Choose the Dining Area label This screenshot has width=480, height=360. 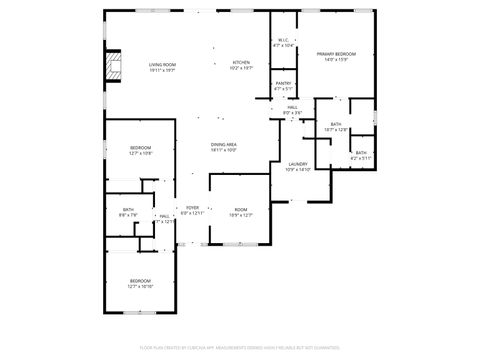point(223,144)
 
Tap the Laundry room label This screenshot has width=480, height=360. point(298,166)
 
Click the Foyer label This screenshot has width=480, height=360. point(192,209)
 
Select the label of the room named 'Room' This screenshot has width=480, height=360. point(241,208)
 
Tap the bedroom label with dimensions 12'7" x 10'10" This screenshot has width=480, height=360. point(140,283)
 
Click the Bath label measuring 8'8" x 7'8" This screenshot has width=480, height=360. point(128,209)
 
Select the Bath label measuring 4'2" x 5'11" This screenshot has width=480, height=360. point(361,155)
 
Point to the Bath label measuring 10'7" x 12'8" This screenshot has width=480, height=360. point(336,126)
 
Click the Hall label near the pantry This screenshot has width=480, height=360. point(293,107)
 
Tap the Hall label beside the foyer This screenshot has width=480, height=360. point(164,216)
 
